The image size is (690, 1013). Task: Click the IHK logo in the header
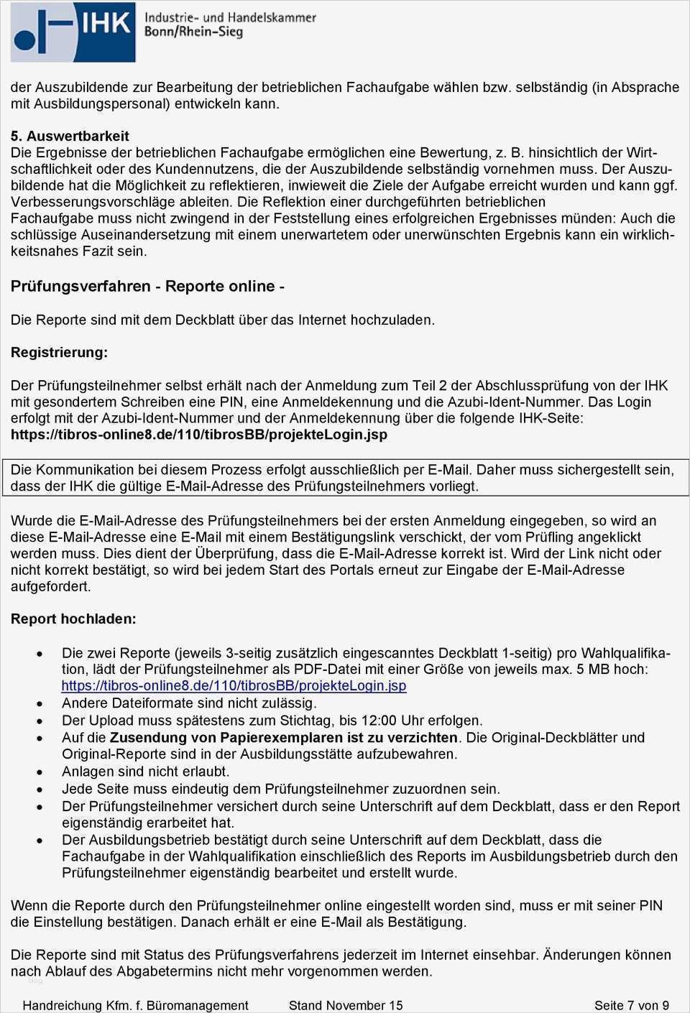coord(73,32)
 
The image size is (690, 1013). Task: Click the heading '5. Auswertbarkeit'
coord(70,136)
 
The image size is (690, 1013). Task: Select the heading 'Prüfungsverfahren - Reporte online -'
coord(147,286)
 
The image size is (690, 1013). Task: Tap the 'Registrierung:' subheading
coord(59,353)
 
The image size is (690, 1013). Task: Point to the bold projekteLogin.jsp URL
coord(199,435)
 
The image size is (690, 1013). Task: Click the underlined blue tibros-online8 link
coord(234,685)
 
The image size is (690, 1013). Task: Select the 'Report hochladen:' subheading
coord(73,619)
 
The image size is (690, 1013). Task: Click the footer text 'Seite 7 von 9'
coord(632,1005)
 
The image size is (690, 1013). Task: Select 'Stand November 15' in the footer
coord(346,1005)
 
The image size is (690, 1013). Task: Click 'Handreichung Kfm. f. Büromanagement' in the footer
coord(136,1005)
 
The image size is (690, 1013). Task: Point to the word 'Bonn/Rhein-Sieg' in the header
coord(193,32)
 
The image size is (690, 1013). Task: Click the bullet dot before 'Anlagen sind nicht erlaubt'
coord(40,772)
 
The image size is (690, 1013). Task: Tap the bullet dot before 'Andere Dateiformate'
coord(40,704)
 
